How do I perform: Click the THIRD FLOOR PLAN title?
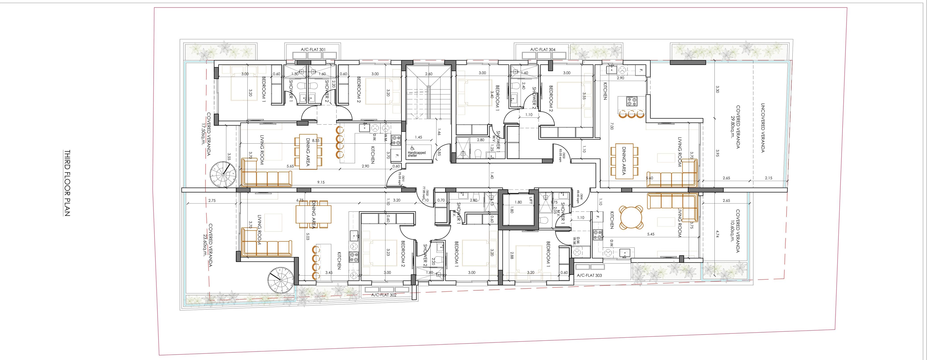(x=67, y=183)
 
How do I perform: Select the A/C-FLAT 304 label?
(x=543, y=49)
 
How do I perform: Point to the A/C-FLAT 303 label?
(x=589, y=275)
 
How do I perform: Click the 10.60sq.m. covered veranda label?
(x=735, y=231)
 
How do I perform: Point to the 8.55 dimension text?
(x=316, y=140)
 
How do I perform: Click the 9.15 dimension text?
(x=321, y=182)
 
